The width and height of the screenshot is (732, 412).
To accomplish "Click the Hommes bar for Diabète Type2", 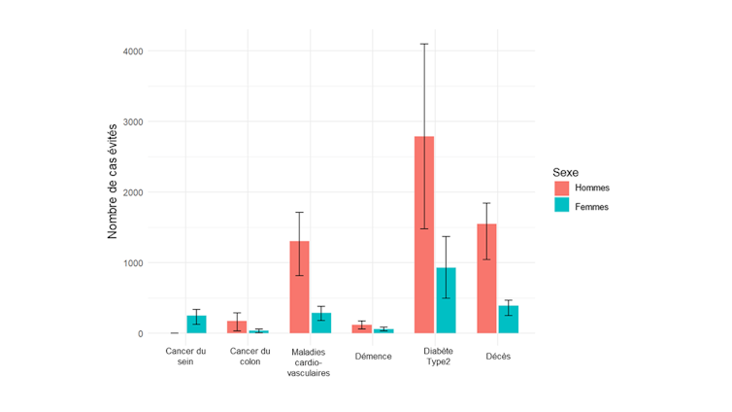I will (424, 234).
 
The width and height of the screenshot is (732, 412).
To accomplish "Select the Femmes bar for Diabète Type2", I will (446, 300).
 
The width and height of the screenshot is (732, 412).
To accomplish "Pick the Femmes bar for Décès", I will (508, 320).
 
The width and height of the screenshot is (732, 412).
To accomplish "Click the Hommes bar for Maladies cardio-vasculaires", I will (300, 287).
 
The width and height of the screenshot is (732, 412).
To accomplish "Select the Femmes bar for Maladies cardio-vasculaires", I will (321, 324).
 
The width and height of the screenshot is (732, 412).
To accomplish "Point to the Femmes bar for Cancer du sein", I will (196, 325).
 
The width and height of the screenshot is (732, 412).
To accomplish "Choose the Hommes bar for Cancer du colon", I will (237, 327).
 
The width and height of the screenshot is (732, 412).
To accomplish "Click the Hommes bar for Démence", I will (362, 329).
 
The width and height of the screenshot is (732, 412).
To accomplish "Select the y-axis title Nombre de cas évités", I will (113, 181).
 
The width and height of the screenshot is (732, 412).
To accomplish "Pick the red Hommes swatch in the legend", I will (562, 188).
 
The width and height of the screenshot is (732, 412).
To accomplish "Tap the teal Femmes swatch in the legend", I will (562, 206).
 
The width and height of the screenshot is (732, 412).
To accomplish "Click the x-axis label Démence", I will (373, 357).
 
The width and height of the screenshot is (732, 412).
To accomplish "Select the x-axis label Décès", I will (497, 357).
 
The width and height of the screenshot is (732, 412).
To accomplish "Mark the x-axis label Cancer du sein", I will (186, 357).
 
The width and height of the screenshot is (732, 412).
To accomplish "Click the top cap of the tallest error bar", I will (424, 44).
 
